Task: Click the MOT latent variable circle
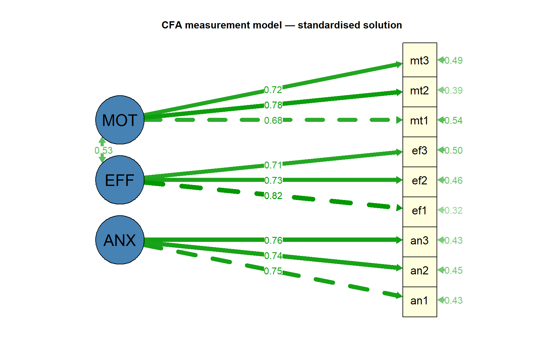point(120,120)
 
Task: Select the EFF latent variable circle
point(120,180)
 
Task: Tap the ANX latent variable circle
point(120,240)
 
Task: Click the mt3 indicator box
point(419,60)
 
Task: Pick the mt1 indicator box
point(419,121)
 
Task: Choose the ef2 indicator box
point(419,181)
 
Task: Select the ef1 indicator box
point(419,211)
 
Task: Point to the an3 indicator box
point(419,241)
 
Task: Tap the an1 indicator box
point(419,301)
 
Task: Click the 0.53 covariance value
point(103,151)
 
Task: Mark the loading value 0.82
point(273,196)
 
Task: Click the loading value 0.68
point(273,120)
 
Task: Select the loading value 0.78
point(273,105)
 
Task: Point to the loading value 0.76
point(273,240)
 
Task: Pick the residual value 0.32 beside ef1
point(453,211)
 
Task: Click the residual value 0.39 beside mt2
point(453,91)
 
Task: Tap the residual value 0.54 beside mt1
point(453,121)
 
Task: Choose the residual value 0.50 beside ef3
point(453,151)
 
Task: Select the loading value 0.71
point(273,165)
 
